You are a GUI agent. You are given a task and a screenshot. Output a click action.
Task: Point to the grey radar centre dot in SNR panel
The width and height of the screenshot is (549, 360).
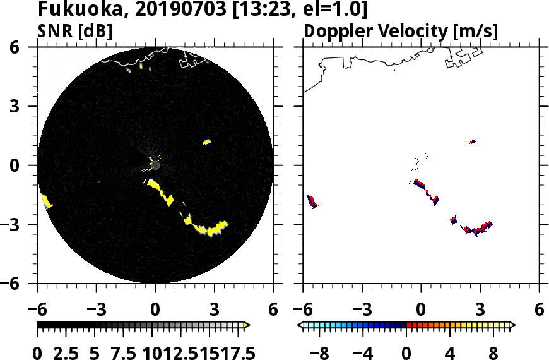tap(155, 165)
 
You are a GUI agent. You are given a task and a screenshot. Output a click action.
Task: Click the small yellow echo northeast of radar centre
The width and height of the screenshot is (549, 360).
tap(206, 142)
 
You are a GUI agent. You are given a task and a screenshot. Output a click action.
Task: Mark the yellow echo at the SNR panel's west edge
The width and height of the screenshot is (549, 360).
tap(46, 201)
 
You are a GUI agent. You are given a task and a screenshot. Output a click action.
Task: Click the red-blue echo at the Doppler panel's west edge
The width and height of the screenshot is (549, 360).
tap(312, 201)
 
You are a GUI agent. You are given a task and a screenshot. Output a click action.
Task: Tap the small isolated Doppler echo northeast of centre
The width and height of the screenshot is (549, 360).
tap(472, 142)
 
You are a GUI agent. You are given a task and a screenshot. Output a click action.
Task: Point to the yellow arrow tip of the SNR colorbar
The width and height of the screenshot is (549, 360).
tap(247, 325)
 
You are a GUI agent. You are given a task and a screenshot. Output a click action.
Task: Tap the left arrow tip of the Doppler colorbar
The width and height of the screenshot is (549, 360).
tap(300, 325)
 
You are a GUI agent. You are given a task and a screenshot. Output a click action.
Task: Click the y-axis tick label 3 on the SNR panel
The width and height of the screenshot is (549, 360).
tap(28, 107)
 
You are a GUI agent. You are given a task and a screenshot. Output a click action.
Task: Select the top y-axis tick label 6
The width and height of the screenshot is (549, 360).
tap(28, 47)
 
